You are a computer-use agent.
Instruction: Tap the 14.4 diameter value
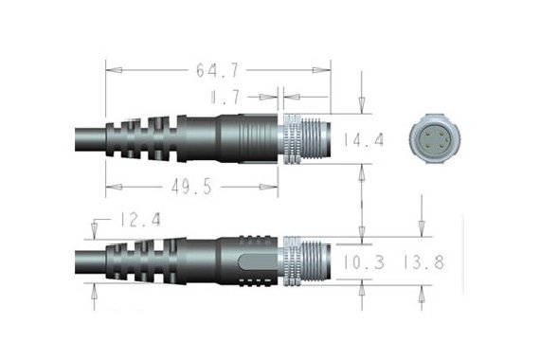[363, 139]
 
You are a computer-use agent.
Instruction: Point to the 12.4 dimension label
[140, 220]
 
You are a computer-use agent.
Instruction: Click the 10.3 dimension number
[363, 262]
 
